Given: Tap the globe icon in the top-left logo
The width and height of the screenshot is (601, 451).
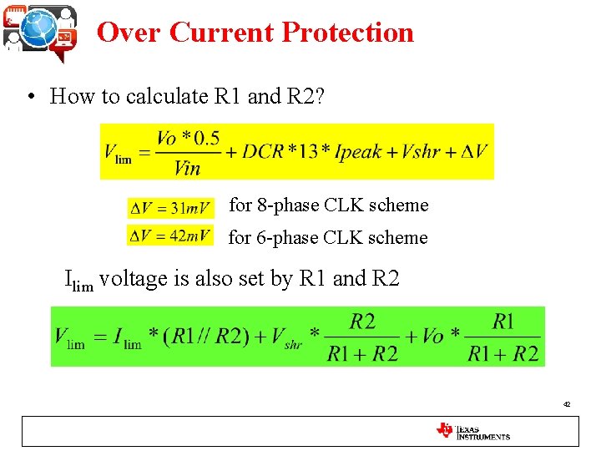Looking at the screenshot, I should [x=38, y=28].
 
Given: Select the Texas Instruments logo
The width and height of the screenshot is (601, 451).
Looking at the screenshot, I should [x=472, y=431].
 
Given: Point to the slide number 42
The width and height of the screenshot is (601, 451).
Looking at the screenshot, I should [x=567, y=404].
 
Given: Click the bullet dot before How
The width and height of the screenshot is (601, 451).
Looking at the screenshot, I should [x=30, y=97].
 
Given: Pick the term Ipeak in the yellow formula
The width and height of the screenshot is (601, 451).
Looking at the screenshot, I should [x=360, y=152].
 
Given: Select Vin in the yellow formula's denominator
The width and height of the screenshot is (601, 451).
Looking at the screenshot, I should [x=188, y=168].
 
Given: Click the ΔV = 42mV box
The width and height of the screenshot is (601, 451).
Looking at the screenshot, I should [x=169, y=236].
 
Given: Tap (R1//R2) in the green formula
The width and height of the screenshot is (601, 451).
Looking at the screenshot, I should [x=218, y=337].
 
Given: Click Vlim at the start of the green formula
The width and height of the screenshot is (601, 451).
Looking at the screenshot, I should [x=69, y=338].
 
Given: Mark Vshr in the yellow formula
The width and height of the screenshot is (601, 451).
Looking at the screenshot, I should [x=420, y=152].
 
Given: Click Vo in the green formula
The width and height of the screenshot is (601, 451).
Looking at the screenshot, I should [x=432, y=337].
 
